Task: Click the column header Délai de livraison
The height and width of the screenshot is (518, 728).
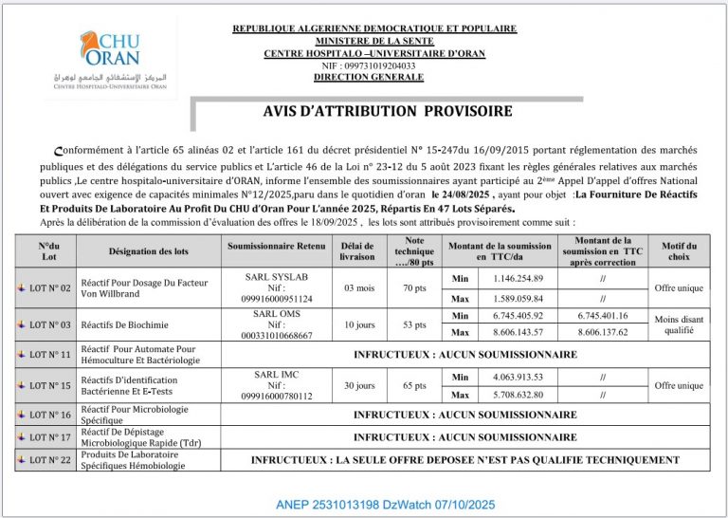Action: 359,250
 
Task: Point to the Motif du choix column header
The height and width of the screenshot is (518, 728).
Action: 679,250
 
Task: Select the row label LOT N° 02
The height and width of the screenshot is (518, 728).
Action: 45,287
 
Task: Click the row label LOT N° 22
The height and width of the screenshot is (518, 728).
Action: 45,459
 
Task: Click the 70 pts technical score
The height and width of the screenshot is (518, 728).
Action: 414,287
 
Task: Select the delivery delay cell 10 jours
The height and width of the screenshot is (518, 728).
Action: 359,324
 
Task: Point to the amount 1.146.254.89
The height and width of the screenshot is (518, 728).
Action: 518,278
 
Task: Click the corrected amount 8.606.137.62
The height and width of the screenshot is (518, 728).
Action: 603,333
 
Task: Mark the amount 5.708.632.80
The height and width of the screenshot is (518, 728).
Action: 518,395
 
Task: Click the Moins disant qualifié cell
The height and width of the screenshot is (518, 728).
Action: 679,324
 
